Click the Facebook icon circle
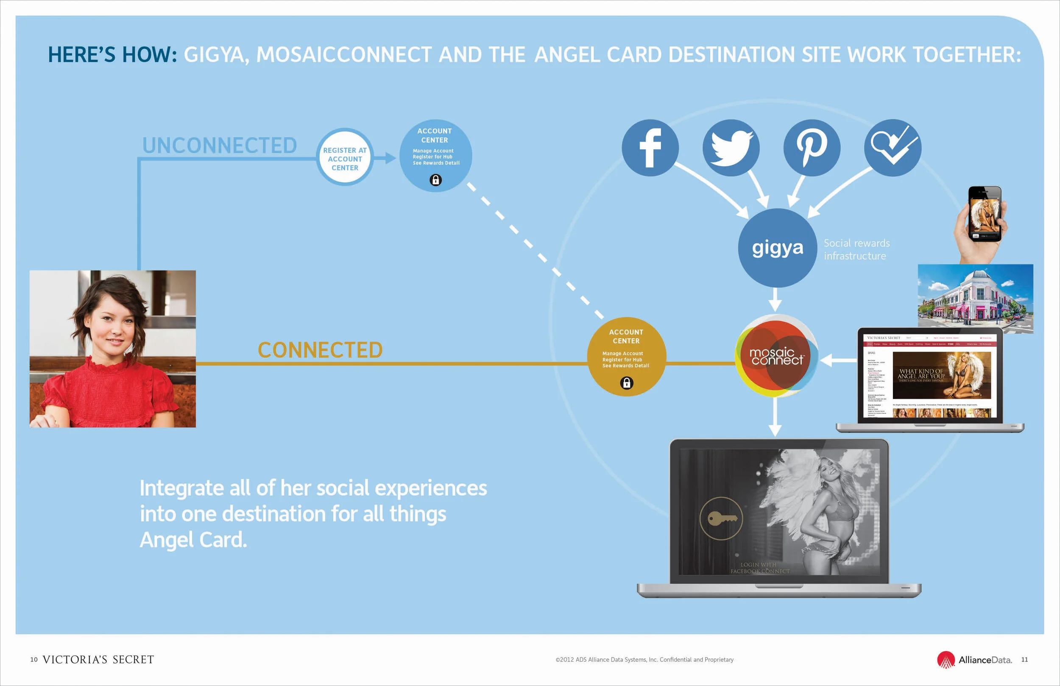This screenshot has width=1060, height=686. click(x=650, y=148)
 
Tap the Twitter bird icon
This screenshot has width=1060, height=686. click(x=731, y=148)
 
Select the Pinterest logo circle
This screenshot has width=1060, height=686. click(x=812, y=148)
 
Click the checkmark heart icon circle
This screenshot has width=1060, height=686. click(x=893, y=148)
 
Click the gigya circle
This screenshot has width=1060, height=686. click(x=777, y=248)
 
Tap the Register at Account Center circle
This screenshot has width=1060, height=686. click(x=345, y=159)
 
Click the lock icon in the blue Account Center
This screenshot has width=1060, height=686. click(x=435, y=180)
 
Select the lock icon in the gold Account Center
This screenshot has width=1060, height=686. click(x=626, y=383)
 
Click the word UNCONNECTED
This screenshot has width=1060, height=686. click(x=219, y=146)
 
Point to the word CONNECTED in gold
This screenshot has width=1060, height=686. click(x=320, y=350)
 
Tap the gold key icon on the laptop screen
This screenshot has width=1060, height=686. click(x=721, y=519)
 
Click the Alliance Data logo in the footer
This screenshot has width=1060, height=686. click(x=974, y=660)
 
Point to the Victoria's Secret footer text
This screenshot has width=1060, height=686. click(x=98, y=660)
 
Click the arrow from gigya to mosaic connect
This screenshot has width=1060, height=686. click(x=775, y=300)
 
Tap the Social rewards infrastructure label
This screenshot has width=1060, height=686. click(x=856, y=249)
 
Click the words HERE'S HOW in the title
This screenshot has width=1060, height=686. click(x=112, y=55)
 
